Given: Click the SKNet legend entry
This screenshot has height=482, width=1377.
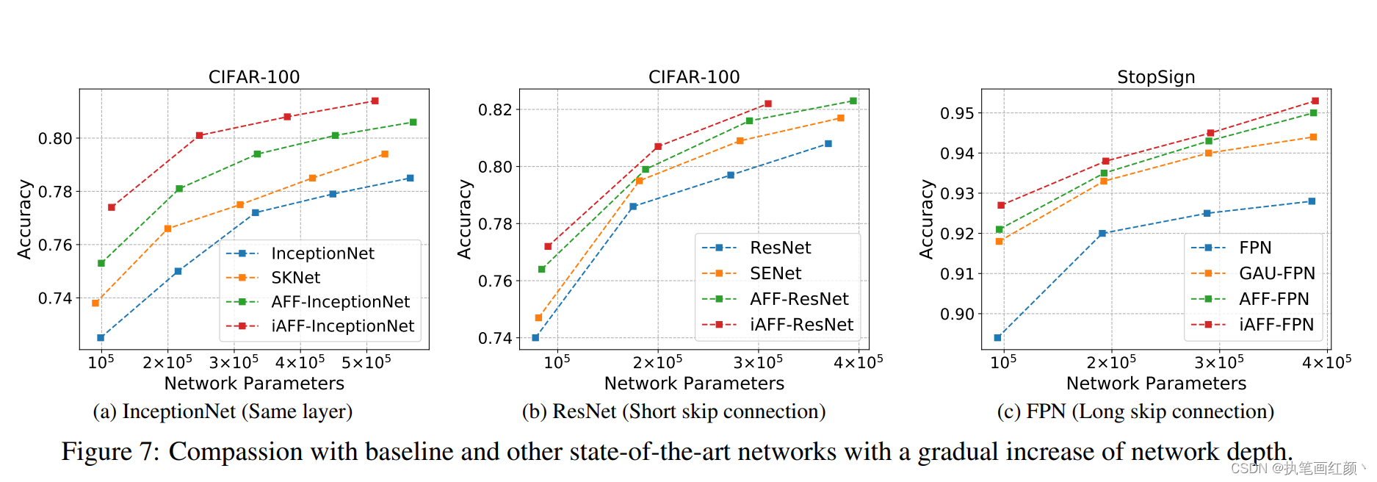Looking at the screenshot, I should point(295,278).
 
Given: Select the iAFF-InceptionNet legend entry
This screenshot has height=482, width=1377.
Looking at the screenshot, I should point(342,326).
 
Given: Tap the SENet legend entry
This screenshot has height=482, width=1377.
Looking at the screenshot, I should point(775,273).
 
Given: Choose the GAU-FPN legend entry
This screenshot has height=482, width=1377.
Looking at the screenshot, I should point(1276,273).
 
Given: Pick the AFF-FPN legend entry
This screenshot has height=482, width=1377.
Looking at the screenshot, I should point(1273,299).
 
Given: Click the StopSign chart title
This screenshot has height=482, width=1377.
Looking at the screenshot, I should point(1155,77).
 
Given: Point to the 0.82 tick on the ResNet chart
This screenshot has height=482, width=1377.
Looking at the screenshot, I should point(495,110).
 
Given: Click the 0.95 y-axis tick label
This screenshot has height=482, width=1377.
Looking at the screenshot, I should point(957,113).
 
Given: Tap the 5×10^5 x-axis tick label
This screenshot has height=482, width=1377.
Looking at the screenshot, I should point(366,362).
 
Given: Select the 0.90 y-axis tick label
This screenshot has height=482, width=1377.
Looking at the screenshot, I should point(957,314).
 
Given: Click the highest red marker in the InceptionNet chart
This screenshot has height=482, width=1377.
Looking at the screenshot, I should point(375,101).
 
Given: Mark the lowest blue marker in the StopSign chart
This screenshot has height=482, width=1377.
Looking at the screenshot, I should point(997,338).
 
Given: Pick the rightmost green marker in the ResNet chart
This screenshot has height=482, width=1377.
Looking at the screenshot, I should point(853,101).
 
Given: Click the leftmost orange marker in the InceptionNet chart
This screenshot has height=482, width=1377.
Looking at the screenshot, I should point(95,303).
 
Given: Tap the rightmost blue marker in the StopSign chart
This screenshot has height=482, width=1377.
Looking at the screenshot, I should point(1312,201).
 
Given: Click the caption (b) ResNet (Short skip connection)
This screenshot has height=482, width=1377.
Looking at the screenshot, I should point(673,411).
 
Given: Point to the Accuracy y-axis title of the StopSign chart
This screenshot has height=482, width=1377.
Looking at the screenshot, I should point(926,219).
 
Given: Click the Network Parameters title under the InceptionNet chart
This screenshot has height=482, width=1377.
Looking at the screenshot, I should point(254,384).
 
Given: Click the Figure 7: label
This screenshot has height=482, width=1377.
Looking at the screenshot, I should point(110,451).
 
